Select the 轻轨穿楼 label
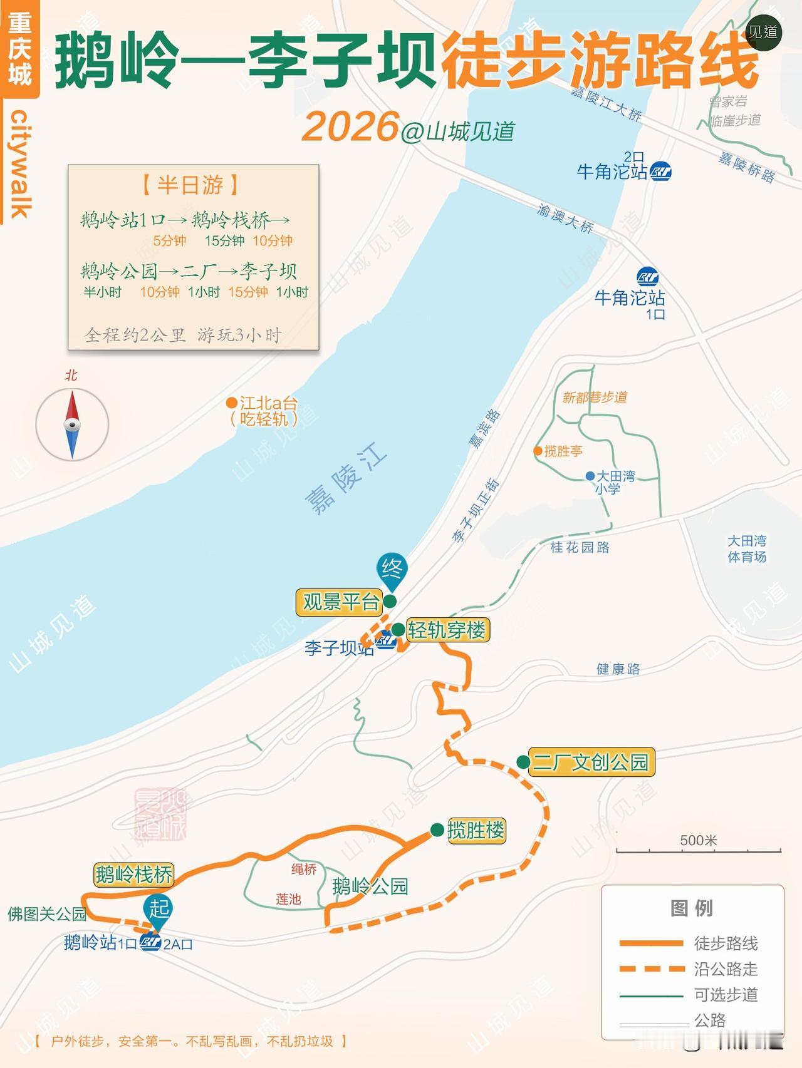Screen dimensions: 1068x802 447,629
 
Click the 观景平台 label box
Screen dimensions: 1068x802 340,602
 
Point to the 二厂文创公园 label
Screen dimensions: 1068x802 591,762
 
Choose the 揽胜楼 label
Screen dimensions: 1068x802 476,830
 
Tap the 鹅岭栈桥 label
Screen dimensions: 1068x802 133,874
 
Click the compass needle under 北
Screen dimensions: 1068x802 72,424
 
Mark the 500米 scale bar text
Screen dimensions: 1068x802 698,840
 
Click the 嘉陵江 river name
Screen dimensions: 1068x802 346,478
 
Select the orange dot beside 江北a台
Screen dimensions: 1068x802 232,403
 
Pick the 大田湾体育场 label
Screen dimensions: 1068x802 746,548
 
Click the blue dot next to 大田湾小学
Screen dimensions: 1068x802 590,476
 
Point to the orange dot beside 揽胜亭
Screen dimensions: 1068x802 538,451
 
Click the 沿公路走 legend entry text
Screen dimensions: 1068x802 726,969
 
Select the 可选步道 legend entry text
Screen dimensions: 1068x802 726,995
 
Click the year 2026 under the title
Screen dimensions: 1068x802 350,126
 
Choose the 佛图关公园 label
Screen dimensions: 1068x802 46,914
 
